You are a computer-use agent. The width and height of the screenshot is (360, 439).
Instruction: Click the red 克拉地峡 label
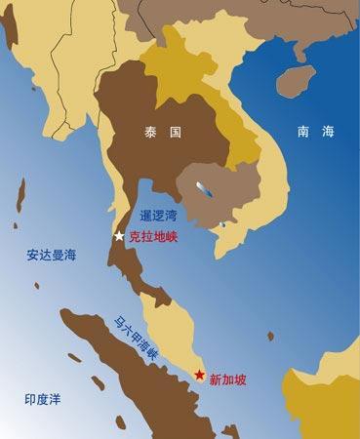153,236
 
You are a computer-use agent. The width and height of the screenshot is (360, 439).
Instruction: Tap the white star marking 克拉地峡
119,236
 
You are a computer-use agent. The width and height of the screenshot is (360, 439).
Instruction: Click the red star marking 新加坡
199,375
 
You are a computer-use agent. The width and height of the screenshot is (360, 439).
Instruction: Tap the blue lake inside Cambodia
203,185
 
